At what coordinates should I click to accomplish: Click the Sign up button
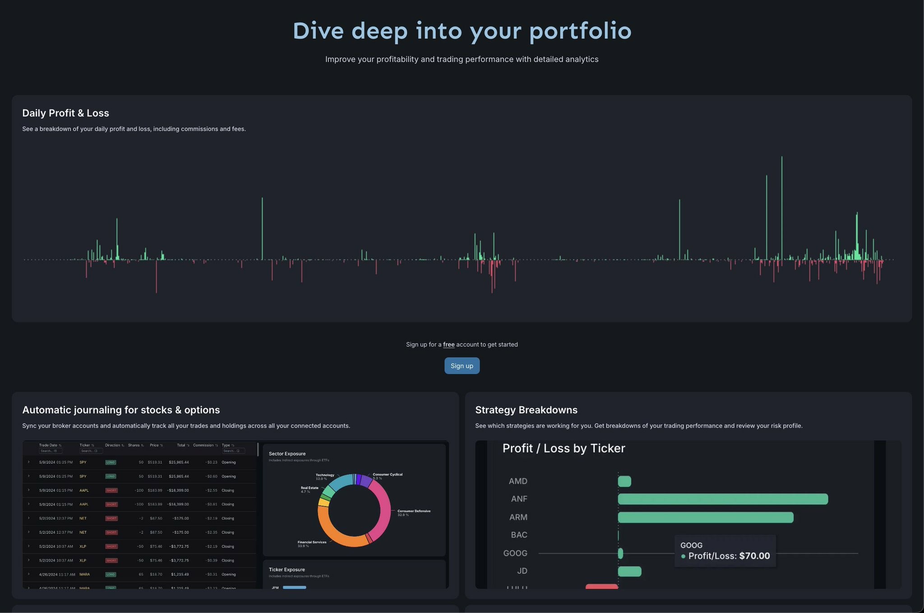pyautogui.click(x=462, y=366)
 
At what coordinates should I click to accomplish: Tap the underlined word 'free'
pyautogui.click(x=448, y=345)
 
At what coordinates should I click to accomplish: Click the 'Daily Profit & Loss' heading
pyautogui.click(x=65, y=113)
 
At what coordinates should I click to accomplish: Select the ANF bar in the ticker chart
pyautogui.click(x=722, y=499)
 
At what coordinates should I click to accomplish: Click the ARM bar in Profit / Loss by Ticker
pyautogui.click(x=705, y=517)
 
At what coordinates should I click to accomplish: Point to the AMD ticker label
pyautogui.click(x=517, y=481)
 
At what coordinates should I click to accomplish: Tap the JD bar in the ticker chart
pyautogui.click(x=629, y=572)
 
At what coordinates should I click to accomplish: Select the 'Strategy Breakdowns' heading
pyautogui.click(x=526, y=410)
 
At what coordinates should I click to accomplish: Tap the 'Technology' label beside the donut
pyautogui.click(x=325, y=475)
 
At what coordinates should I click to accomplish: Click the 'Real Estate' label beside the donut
pyautogui.click(x=310, y=488)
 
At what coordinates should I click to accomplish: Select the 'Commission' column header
pyautogui.click(x=203, y=445)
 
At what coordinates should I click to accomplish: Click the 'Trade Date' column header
pyautogui.click(x=48, y=445)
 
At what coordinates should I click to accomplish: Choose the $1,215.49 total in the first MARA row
pyautogui.click(x=180, y=574)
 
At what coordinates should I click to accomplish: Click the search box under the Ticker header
pyautogui.click(x=91, y=451)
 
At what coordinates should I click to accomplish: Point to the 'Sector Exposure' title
pyautogui.click(x=287, y=454)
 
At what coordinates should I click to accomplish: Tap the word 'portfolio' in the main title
pyautogui.click(x=580, y=31)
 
